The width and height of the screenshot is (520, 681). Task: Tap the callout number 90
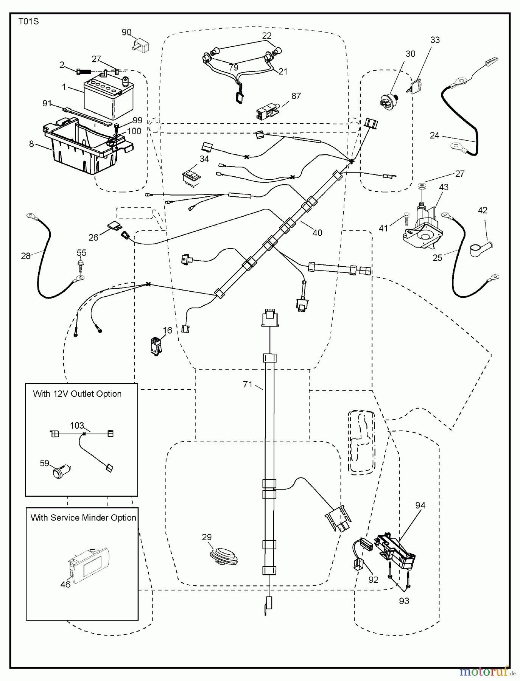[x=127, y=32]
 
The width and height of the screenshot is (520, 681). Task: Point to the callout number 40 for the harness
[x=317, y=233]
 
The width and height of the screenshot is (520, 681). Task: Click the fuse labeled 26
[x=116, y=226]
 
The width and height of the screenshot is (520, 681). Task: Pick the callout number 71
[x=248, y=384]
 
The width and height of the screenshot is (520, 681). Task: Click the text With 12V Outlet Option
[x=77, y=394]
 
